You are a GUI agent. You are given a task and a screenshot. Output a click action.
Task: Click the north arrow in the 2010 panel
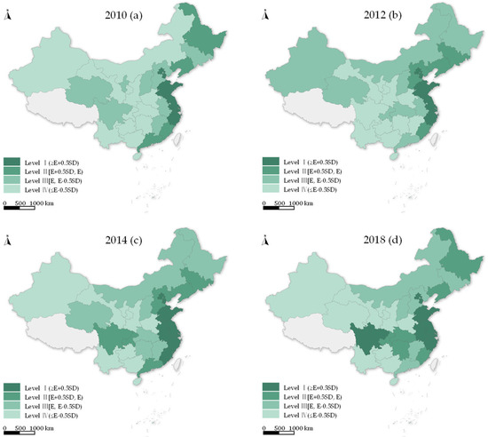coord(9,12)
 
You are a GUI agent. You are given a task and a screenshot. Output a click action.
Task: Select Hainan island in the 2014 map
coord(134,383)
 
